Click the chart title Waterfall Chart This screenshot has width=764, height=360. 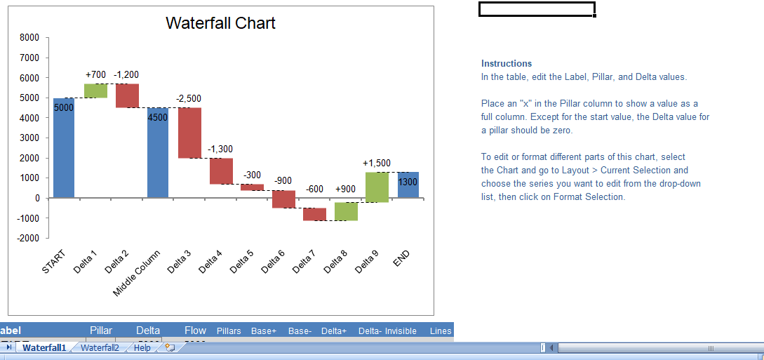click(x=220, y=23)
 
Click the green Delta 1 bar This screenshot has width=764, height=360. click(x=95, y=91)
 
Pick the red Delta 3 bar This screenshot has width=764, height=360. click(x=189, y=133)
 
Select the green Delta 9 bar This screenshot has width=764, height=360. click(x=377, y=187)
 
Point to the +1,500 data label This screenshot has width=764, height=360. click(x=377, y=164)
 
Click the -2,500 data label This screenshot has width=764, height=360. click(x=189, y=98)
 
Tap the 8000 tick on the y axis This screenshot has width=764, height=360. click(x=29, y=38)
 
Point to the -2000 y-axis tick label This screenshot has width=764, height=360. click(x=27, y=238)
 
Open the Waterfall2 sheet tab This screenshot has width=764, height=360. click(x=99, y=348)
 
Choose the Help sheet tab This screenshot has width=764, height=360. click(x=142, y=348)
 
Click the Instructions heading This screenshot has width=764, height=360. click(x=507, y=64)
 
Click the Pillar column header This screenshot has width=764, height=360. click(x=101, y=331)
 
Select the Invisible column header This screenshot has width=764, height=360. click(x=401, y=331)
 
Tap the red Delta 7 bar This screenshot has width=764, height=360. click(x=314, y=214)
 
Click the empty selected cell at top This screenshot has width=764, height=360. click(x=537, y=9)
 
